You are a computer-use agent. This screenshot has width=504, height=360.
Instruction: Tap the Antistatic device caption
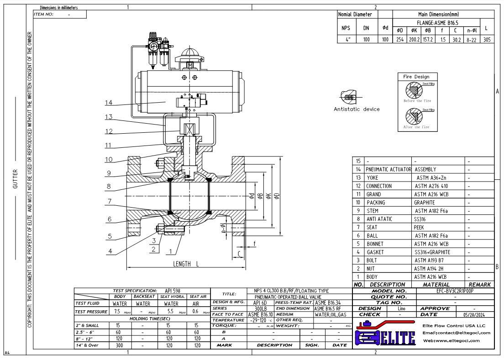point(357,109)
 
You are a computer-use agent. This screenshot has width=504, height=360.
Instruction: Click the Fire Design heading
point(413,77)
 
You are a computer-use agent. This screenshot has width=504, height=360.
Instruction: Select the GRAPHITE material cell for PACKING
point(423,202)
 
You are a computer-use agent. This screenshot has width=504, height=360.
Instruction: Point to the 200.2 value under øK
point(415,40)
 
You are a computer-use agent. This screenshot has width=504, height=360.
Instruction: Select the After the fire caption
point(413,127)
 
